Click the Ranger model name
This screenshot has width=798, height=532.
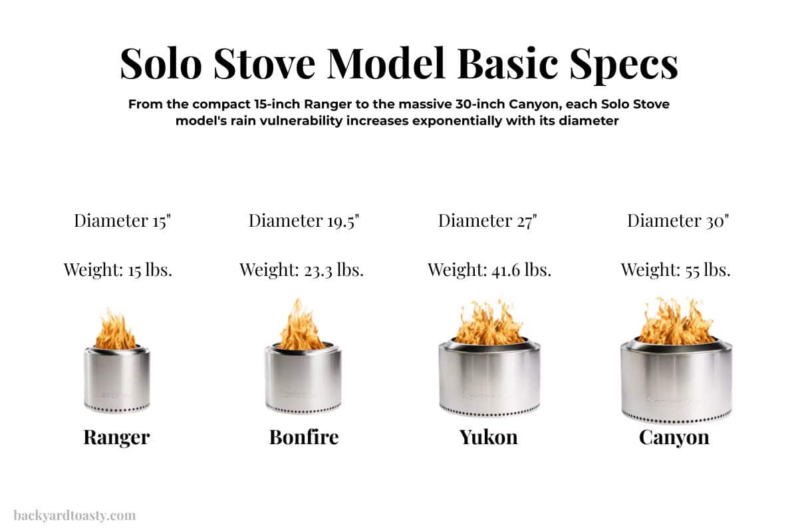pos(116,437)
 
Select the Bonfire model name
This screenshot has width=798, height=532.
pos(304,437)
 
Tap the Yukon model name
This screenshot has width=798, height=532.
pos(488,437)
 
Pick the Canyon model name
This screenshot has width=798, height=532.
pos(674,437)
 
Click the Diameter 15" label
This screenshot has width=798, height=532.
pos(123,221)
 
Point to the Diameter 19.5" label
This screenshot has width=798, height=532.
pos(304,221)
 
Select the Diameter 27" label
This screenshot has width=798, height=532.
pos(487,221)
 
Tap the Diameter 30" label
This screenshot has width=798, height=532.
pos(678,221)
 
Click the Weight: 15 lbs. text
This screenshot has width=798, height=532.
pos(118,270)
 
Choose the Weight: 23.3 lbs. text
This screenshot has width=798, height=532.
pos(301,270)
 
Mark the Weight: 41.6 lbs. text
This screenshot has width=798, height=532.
pos(489,270)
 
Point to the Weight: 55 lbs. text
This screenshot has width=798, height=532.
pos(676,270)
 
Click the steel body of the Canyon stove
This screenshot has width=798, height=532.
pos(676,382)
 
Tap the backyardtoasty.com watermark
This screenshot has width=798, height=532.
pos(74,515)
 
